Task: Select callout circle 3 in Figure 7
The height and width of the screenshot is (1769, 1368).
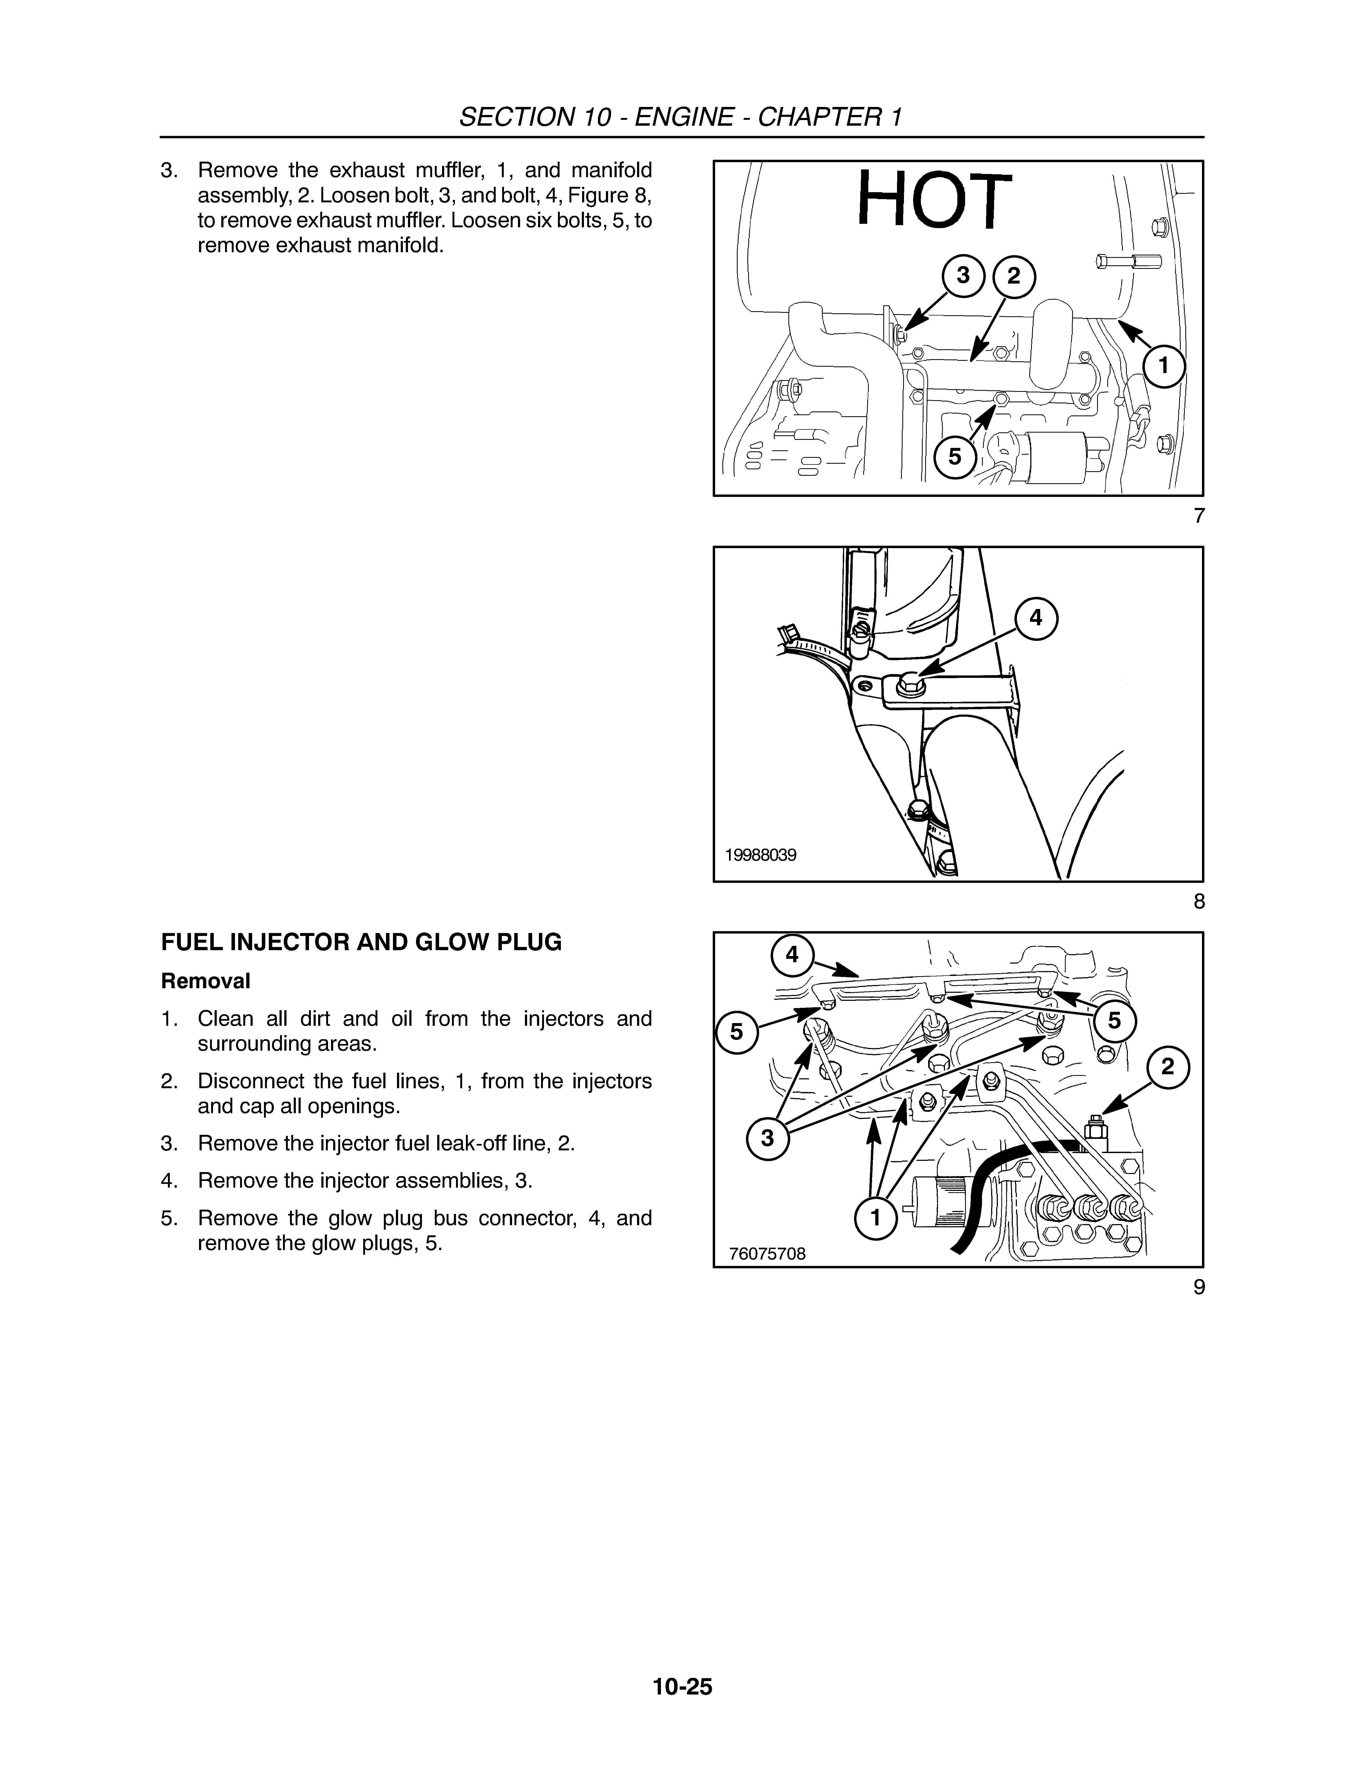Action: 963,276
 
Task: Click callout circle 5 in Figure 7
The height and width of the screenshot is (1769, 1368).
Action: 955,457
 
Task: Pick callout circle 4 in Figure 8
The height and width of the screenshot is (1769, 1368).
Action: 1036,618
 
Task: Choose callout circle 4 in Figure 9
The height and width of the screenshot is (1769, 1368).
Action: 792,955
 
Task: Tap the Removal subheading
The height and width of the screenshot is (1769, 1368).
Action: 206,981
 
